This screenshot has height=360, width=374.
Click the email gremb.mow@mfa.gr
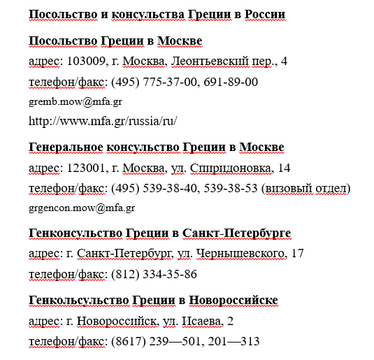pos(71,101)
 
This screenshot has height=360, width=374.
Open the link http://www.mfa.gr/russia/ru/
pos(103,120)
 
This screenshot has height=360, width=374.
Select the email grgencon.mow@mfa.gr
pos(82,208)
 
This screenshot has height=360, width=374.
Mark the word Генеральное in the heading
pos(65,147)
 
